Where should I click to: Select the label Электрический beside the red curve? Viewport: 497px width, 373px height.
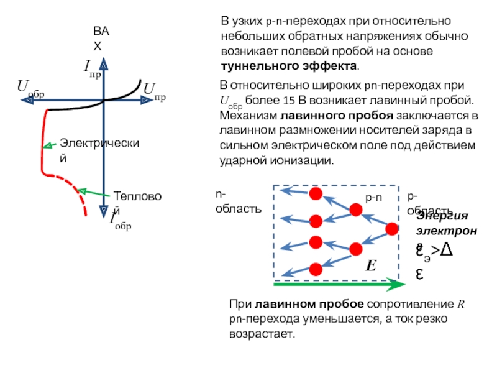tap(99, 150)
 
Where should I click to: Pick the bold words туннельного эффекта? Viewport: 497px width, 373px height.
tap(290, 65)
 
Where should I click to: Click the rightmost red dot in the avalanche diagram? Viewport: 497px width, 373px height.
tap(391, 229)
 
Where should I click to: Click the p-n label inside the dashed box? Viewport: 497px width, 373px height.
tap(373, 198)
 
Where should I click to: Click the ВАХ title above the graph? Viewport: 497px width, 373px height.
tap(99, 38)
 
